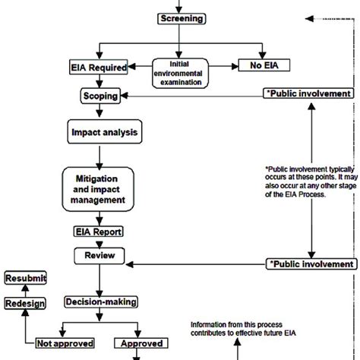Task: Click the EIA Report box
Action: pyautogui.click(x=98, y=231)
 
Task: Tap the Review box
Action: pyautogui.click(x=98, y=257)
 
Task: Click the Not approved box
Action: pyautogui.click(x=62, y=343)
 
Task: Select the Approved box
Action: pyautogui.click(x=140, y=343)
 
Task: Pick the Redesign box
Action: pyautogui.click(x=26, y=303)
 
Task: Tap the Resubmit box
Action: pyautogui.click(x=26, y=278)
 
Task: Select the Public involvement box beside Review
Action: pyautogui.click(x=311, y=264)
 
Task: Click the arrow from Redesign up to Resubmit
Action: pyautogui.click(x=26, y=290)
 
